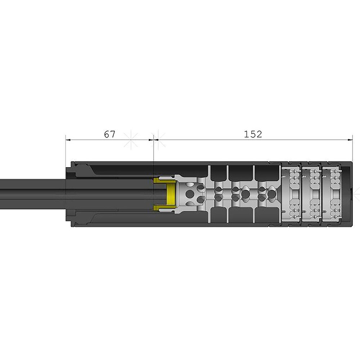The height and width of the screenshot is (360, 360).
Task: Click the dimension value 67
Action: click(109, 134)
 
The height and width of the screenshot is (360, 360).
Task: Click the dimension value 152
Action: click(253, 134)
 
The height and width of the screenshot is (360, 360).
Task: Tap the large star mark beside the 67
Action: click(131, 140)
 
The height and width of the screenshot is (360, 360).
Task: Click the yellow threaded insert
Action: click(170, 194)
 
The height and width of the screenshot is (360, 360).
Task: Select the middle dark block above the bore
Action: click(240, 172)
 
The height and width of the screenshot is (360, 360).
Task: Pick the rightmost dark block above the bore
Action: click(266, 172)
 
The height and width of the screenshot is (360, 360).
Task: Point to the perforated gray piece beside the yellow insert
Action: click(191, 194)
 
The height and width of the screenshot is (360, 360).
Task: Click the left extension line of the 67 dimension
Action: click(66, 151)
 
